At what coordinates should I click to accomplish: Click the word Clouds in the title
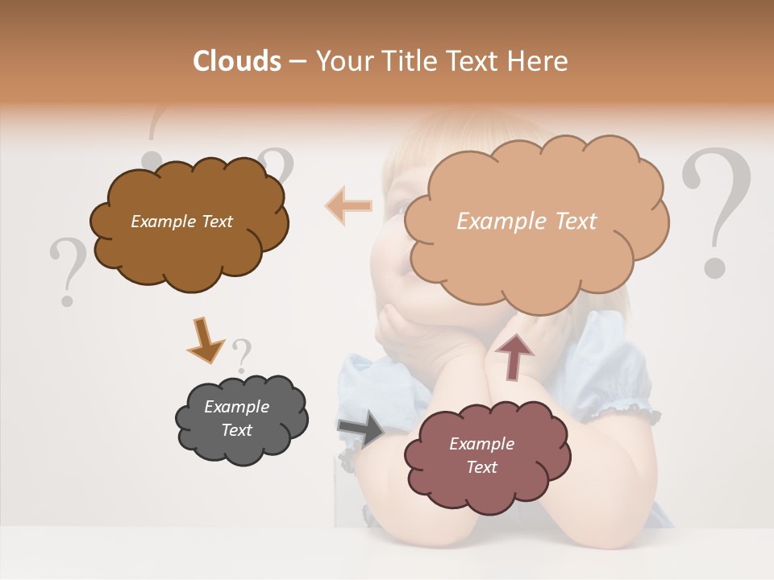pos(237,61)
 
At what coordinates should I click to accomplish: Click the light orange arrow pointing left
pos(348,205)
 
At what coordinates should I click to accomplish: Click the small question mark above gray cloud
pos(241,355)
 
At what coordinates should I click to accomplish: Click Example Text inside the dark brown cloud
pos(181,222)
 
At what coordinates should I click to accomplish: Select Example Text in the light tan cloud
pos(526,221)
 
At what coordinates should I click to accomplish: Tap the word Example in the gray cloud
pos(236,407)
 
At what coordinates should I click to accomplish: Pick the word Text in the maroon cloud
pos(481,467)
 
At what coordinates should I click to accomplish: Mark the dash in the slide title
pos(298,62)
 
